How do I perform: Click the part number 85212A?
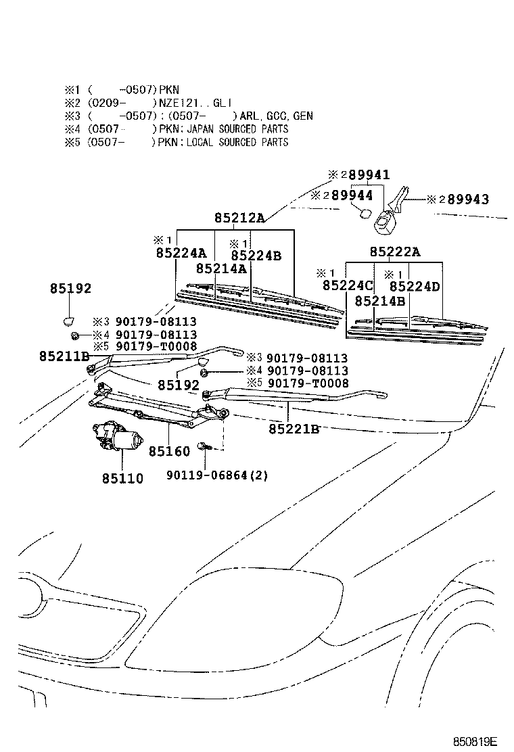tap(239, 218)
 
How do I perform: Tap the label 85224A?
tap(181, 253)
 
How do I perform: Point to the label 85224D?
tap(415, 286)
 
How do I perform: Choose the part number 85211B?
tap(64, 356)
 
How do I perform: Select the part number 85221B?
tap(294, 429)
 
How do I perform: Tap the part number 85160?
tap(169, 451)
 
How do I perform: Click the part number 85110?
tap(122, 478)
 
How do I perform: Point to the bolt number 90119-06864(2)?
tap(216, 475)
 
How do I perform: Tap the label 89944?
tap(352, 195)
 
